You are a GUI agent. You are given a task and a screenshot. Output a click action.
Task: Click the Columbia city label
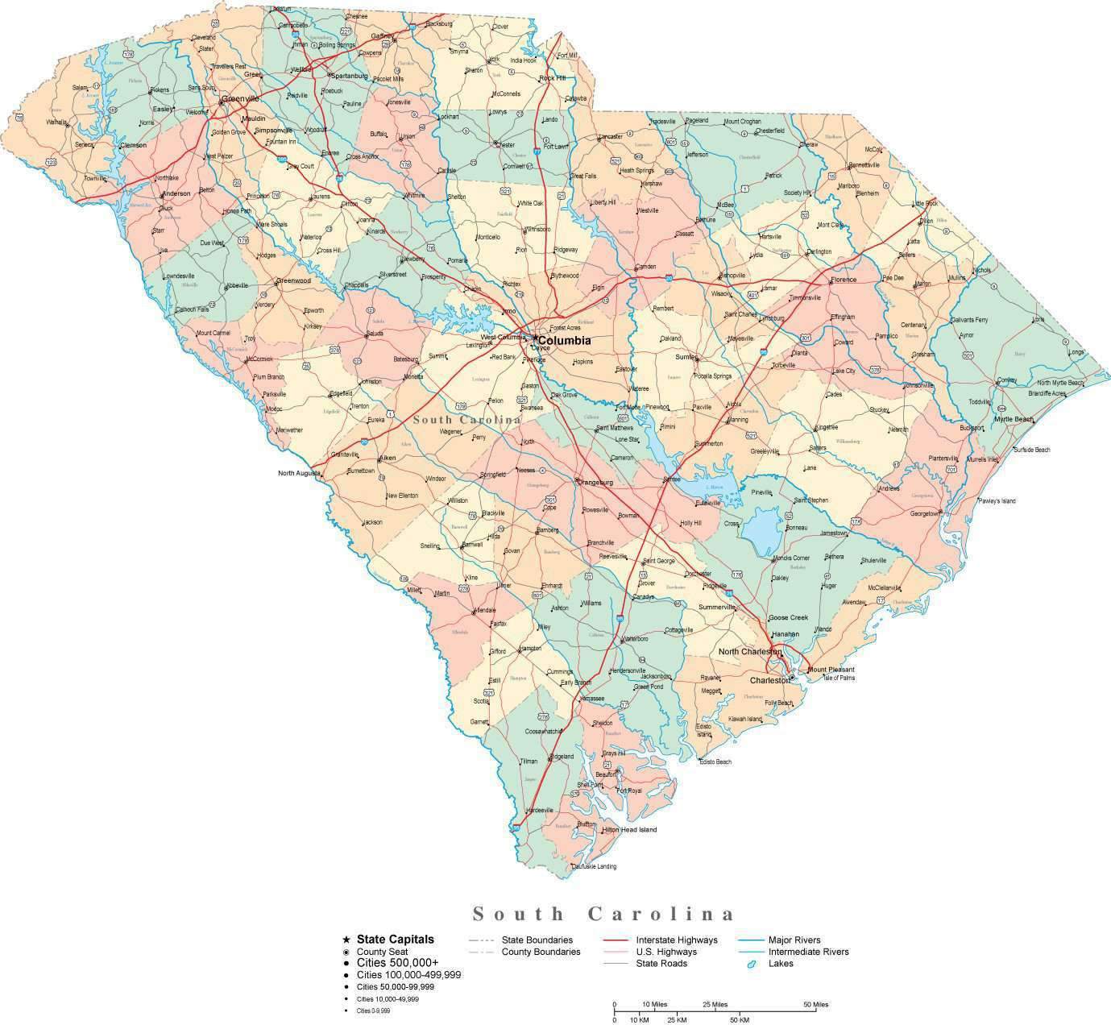tap(564, 341)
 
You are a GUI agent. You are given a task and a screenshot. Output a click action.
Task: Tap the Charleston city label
tap(770, 680)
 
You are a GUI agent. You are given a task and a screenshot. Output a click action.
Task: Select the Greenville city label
tap(241, 98)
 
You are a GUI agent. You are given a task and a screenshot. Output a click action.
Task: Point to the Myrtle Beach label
tap(1014, 419)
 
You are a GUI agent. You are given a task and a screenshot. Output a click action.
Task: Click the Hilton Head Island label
tap(629, 829)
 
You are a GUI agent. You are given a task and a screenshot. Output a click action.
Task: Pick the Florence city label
tap(844, 280)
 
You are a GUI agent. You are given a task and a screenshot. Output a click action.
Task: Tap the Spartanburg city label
tap(347, 76)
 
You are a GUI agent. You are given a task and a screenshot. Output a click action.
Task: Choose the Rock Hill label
tap(553, 77)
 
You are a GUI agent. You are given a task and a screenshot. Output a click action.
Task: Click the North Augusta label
tap(299, 473)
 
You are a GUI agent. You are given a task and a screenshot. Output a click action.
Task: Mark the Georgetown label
tap(924, 513)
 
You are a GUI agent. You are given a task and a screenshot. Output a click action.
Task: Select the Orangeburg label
tap(595, 482)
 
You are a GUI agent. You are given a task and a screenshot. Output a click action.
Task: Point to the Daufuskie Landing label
tap(595, 866)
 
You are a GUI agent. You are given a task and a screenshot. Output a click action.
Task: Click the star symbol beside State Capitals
tap(346, 940)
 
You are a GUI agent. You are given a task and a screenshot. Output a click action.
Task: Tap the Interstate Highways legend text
tap(676, 940)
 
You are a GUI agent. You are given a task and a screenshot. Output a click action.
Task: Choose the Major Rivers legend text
tap(794, 940)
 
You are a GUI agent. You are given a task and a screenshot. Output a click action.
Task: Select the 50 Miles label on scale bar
tap(815, 1004)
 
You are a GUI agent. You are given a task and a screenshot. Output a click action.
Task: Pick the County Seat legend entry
tap(382, 952)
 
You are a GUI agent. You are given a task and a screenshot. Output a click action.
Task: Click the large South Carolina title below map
tap(603, 914)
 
